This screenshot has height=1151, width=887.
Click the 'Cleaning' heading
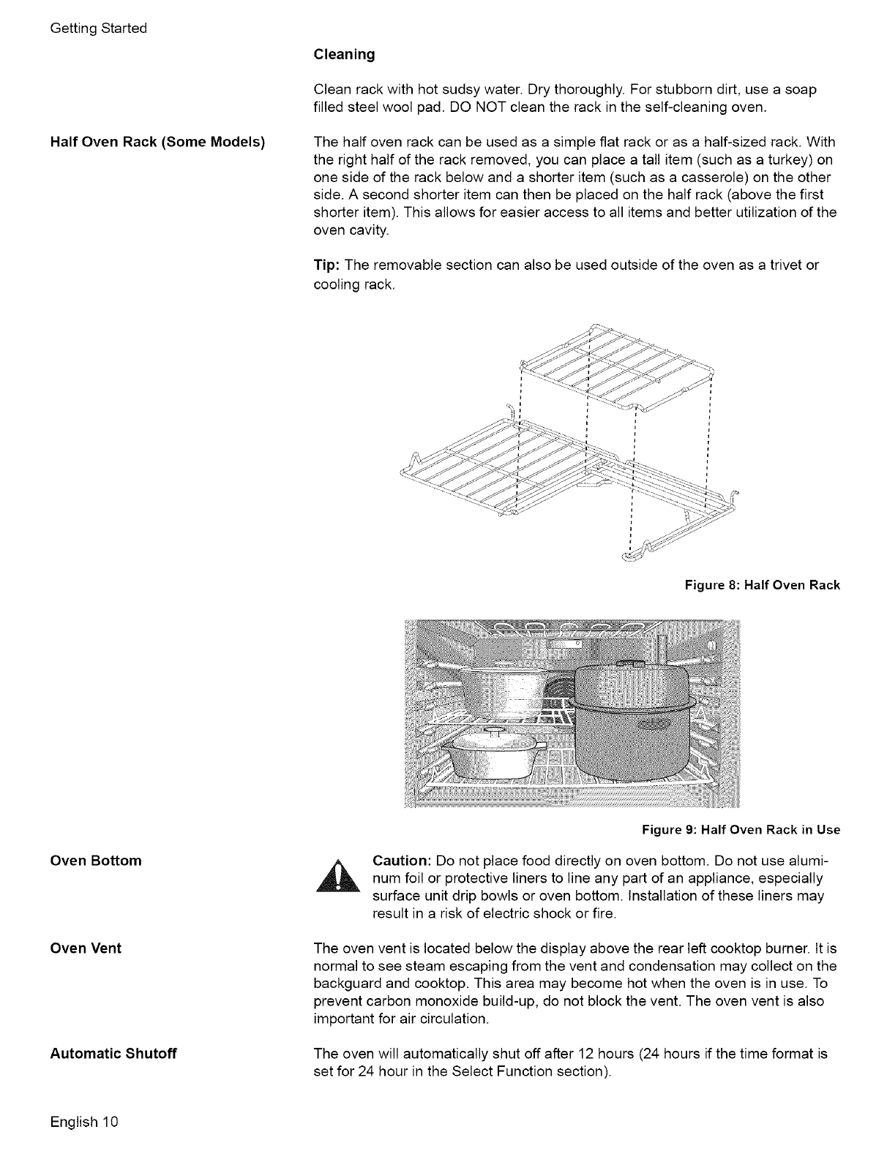[344, 54]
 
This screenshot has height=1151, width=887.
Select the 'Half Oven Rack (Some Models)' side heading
[157, 141]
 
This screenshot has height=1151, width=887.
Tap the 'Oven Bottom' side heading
[96, 860]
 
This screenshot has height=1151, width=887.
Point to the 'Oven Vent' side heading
[86, 948]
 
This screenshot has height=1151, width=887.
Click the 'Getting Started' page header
[99, 29]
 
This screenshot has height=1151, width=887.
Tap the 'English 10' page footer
[84, 1122]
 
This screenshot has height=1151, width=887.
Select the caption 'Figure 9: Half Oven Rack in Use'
[741, 829]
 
